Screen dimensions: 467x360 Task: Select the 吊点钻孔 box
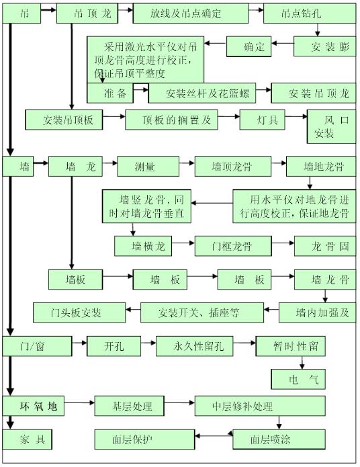tap(309, 13)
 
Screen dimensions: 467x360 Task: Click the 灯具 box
tap(263, 120)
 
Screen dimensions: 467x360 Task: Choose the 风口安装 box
tap(331, 126)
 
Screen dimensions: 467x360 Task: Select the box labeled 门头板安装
tap(79, 312)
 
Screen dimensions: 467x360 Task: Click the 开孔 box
tap(114, 347)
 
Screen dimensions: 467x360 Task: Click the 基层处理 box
tap(133, 407)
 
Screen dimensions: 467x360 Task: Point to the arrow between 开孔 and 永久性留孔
tap(149, 347)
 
